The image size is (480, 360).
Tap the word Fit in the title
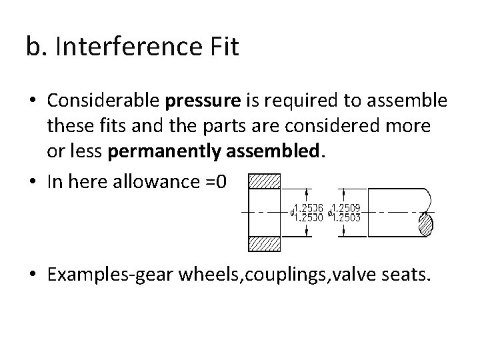(x=221, y=47)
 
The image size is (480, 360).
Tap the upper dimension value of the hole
(x=309, y=207)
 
